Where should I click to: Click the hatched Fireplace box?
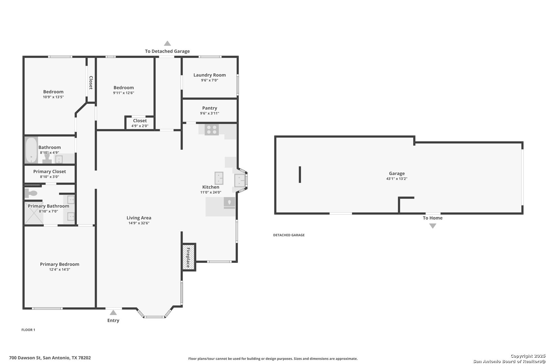coord(189,257)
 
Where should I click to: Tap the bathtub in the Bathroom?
coord(31,150)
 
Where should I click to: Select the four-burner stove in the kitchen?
coord(212,130)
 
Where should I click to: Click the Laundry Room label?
coord(210,75)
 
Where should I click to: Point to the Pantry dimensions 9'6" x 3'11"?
coord(210,113)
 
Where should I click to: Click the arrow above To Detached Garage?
coord(167,43)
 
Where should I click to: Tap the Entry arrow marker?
coord(113,312)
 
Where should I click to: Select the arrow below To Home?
coord(433,226)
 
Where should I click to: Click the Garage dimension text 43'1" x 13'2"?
coord(397,179)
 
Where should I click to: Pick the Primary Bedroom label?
coord(59,264)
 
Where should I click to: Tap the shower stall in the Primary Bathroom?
coord(34,213)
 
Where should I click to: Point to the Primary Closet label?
coord(50,172)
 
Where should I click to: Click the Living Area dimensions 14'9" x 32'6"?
coord(139,223)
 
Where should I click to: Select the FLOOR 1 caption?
coord(28,330)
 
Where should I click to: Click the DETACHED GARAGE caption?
coord(289,235)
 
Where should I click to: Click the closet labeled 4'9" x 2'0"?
coord(140,123)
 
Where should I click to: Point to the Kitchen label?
coord(211,187)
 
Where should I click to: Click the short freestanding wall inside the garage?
coord(300,175)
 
